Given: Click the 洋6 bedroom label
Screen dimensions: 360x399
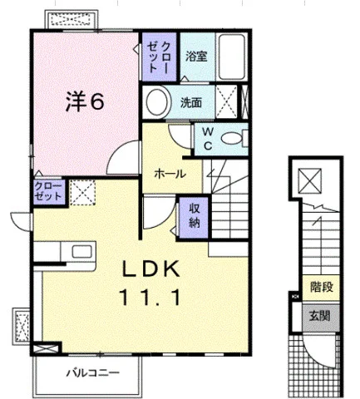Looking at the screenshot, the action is coord(85,101).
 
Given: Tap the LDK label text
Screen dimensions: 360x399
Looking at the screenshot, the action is coord(151,269).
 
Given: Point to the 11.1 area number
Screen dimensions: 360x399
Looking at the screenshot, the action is coord(150,298).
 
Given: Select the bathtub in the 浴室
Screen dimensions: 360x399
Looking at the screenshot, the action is coord(231,57).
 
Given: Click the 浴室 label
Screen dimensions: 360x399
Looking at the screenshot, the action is coord(196,57).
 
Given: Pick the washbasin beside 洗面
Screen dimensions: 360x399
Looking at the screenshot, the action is coord(157,102).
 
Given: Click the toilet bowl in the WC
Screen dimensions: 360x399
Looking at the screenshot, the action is coord(232,138).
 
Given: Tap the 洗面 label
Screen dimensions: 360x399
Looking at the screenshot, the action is coord(191,103).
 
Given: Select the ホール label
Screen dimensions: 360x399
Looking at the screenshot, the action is coord(170,174).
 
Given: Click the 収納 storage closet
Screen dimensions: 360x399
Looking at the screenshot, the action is coord(194,218).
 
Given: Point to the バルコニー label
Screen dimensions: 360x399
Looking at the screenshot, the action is coord(93,373).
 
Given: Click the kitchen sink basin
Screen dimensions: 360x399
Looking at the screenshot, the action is coord(82,251).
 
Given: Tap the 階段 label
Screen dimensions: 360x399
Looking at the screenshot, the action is coord(322,287).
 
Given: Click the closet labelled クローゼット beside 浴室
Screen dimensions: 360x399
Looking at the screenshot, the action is coord(159,57).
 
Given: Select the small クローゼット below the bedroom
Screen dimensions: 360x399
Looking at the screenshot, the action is coord(49,191).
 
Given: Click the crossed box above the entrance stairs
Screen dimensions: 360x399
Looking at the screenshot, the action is coord(310,180).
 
